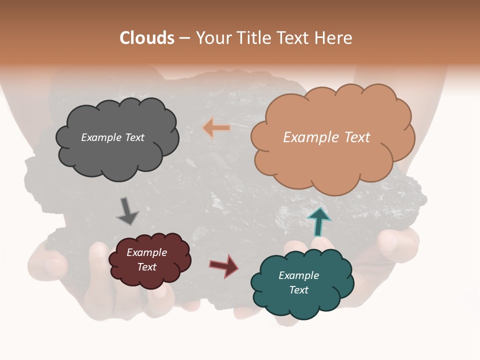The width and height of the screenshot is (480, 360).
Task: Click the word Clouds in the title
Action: point(147,38)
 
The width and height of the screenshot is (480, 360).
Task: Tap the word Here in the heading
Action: point(334,38)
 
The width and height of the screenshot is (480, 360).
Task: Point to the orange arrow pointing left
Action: point(216,128)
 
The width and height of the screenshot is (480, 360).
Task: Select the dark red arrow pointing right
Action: point(224,265)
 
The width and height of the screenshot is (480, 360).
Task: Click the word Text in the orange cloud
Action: point(353,137)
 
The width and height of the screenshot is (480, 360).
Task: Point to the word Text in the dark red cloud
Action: point(147,267)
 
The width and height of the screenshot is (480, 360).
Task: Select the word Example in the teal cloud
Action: point(298,275)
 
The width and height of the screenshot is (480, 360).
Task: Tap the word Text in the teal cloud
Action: point(298,290)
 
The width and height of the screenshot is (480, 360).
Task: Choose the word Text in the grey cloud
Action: point(134,137)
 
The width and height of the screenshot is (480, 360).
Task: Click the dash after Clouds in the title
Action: point(184,38)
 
